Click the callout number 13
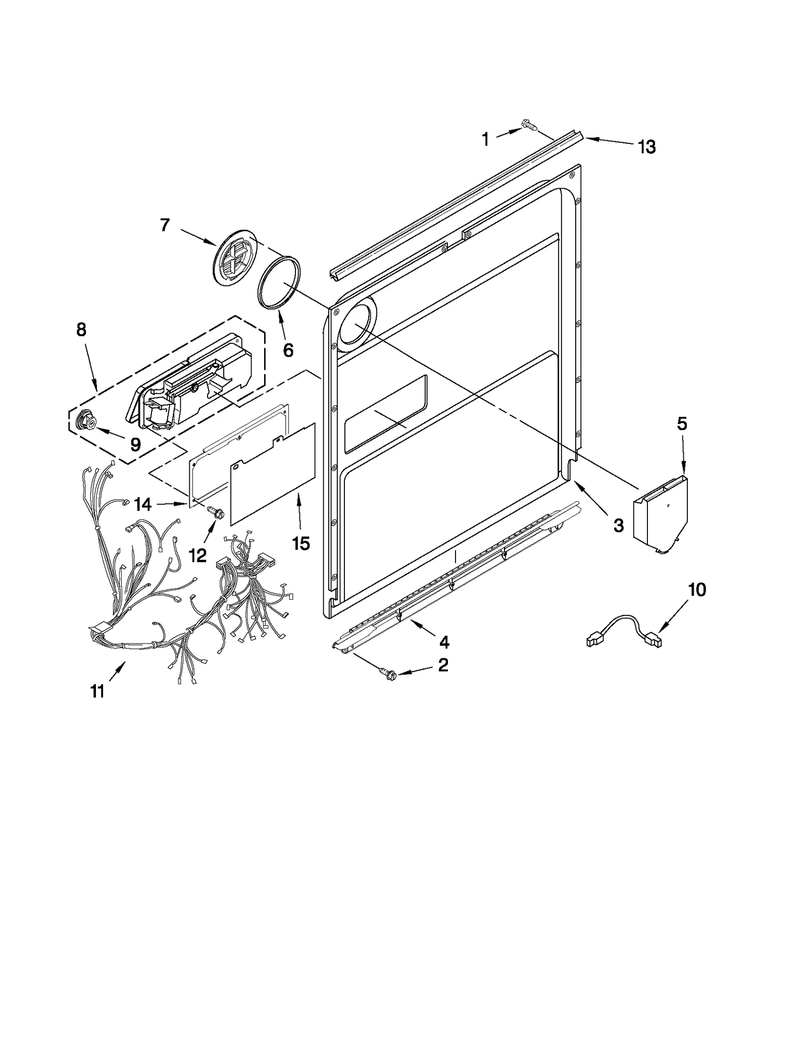[646, 147]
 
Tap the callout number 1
[485, 139]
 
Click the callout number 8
[81, 330]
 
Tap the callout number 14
[143, 504]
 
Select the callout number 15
[300, 543]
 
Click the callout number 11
[97, 691]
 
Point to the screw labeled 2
[387, 672]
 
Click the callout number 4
[444, 642]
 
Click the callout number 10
[697, 589]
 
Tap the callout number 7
[165, 225]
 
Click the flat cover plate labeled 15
[273, 472]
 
